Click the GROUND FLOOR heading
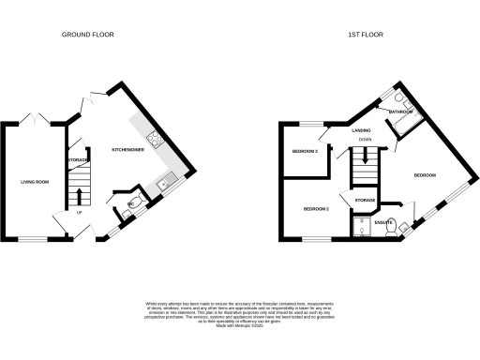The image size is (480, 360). (x=88, y=35)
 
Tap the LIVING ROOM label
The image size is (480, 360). (x=35, y=182)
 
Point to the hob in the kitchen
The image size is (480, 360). (x=156, y=143)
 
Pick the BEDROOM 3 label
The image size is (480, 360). (x=305, y=151)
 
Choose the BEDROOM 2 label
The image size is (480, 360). (x=315, y=209)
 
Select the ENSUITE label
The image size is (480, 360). (x=384, y=223)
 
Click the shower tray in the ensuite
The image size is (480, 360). (x=362, y=225)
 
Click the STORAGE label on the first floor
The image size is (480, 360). (x=365, y=201)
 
